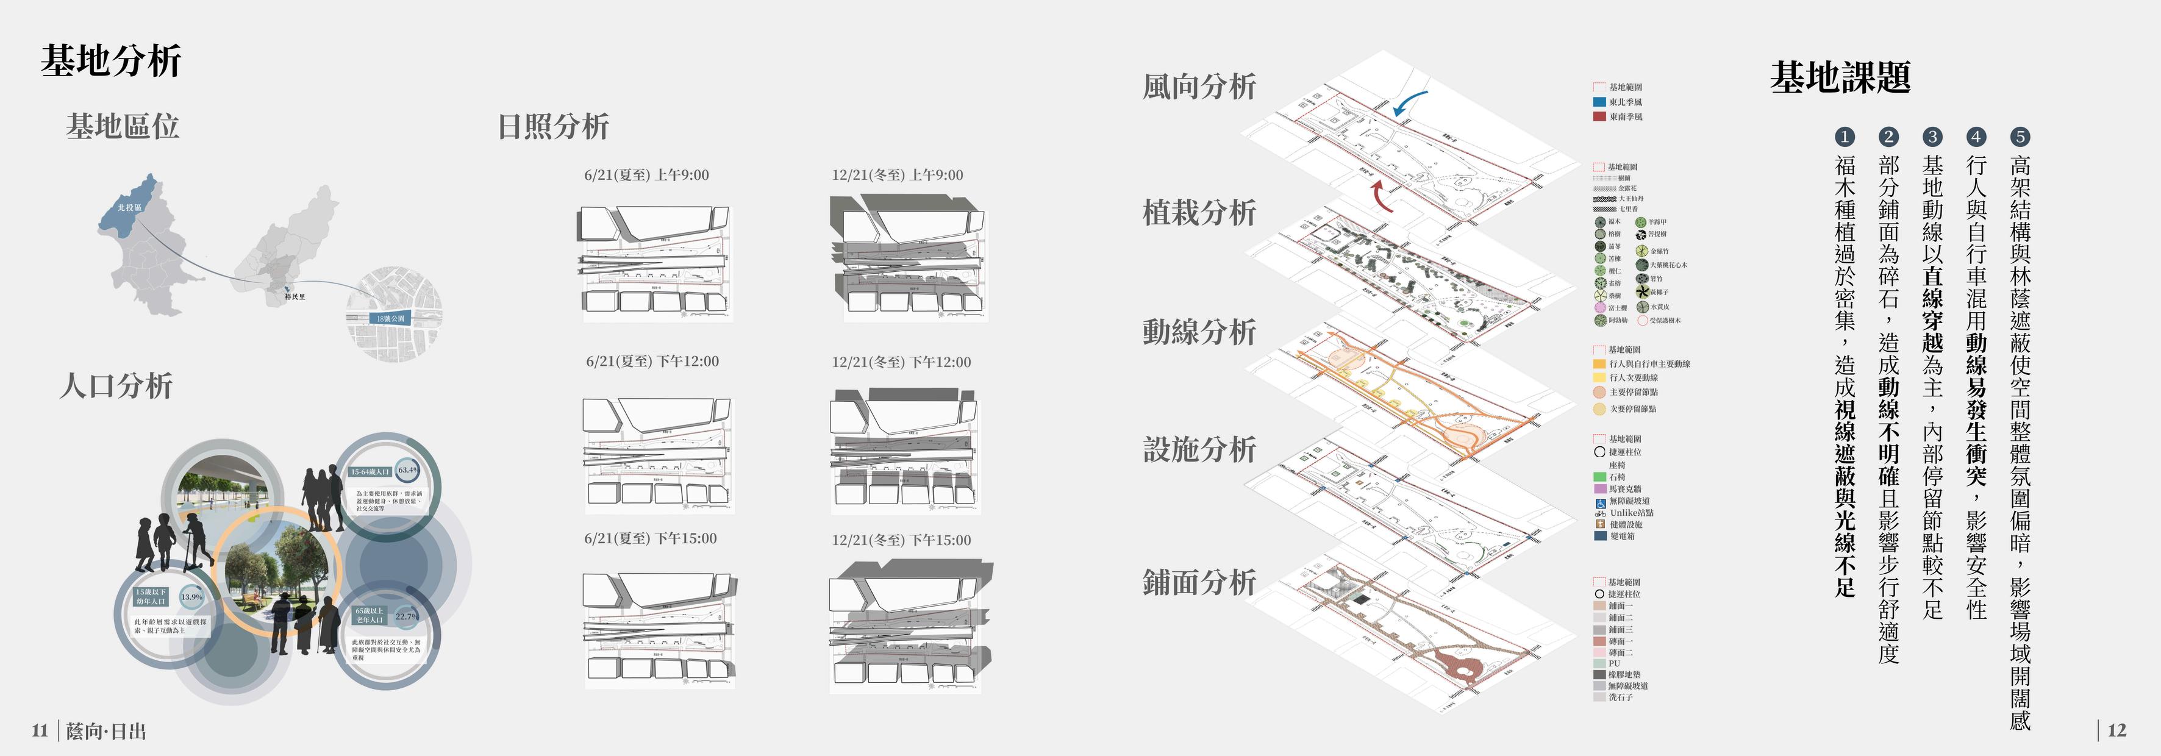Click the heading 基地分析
111,60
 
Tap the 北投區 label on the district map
129,207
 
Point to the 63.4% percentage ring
408,470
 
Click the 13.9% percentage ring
192,597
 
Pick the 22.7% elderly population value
407,616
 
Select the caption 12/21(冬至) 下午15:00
901,540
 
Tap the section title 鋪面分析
1199,582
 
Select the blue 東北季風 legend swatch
1599,102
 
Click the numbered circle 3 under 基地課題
1932,137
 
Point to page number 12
2116,730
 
